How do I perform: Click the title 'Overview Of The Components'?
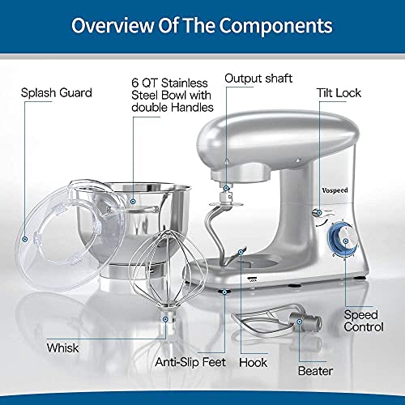tap(202, 25)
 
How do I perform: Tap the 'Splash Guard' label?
tap(58, 92)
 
